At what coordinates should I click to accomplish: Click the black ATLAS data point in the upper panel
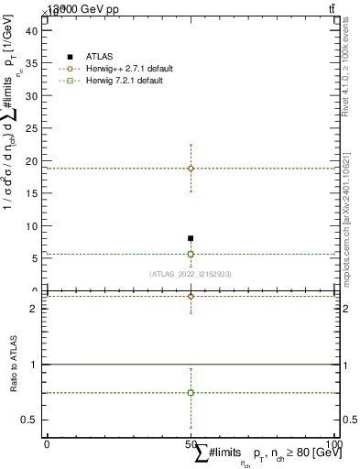(x=191, y=238)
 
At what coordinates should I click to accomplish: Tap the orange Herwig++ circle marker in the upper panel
(x=191, y=169)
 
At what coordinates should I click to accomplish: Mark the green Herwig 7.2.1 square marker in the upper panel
(x=191, y=254)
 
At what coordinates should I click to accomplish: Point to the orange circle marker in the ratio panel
(x=191, y=296)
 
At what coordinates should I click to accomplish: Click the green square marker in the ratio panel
(x=191, y=392)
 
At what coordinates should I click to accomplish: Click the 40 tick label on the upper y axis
(x=30, y=30)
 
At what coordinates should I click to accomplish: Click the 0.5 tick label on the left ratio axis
(x=28, y=420)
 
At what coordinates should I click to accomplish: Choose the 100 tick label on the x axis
(x=334, y=443)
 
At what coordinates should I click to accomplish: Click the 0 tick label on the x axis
(x=47, y=443)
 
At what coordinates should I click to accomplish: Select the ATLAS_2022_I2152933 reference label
(x=191, y=274)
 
